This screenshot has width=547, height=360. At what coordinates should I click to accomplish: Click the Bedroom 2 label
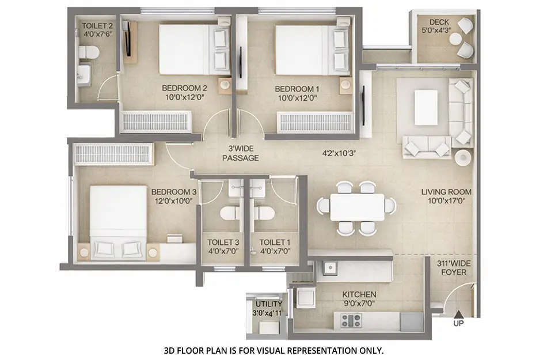coord(184,88)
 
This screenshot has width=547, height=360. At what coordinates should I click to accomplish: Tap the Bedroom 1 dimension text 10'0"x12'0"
coord(296,98)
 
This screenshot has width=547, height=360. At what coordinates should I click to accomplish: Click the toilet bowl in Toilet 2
coord(88,53)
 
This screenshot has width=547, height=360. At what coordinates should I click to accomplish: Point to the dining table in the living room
coord(357,207)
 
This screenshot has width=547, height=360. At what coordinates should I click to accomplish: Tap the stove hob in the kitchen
coord(350,320)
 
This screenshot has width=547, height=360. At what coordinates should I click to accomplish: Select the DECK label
coord(439,22)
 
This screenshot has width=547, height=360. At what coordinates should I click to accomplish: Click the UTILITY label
coord(268,304)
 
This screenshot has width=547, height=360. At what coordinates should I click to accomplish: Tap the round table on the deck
coord(455,39)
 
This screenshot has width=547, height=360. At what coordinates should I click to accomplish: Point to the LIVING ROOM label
coord(446,192)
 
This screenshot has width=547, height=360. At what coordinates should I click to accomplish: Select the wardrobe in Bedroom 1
coord(315,122)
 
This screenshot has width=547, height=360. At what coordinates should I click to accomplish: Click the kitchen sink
coord(331,268)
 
